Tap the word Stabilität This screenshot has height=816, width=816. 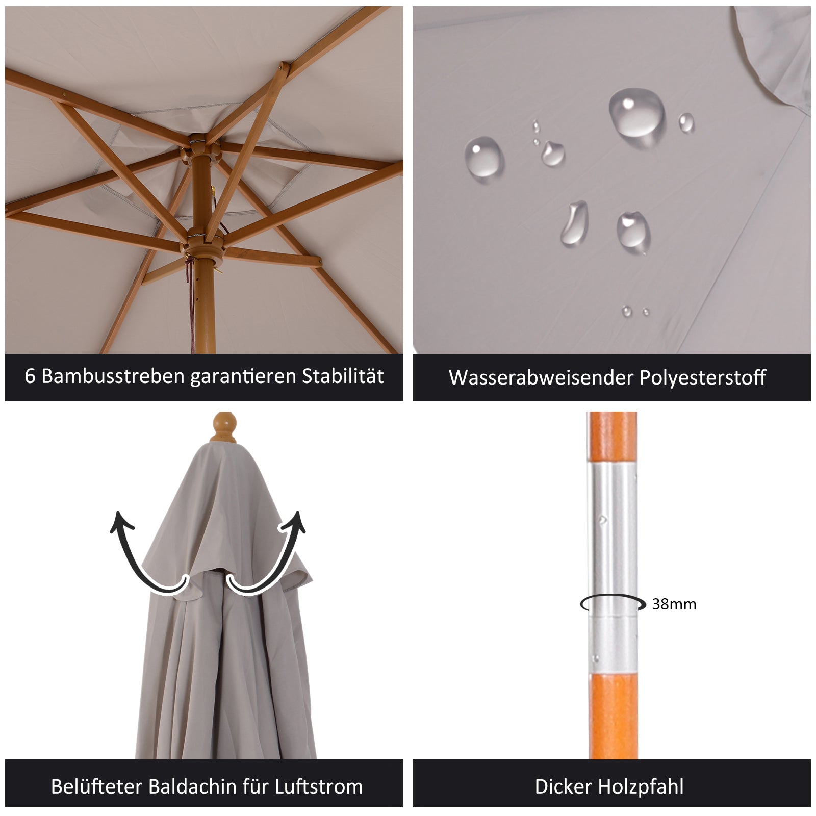pos(343,376)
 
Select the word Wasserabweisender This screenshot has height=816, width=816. pos(541,378)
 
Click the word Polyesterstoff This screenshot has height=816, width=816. pos(703,378)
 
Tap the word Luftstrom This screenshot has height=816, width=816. pos(319,786)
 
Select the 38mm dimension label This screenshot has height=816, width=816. pos(674,604)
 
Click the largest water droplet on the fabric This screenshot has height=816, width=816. pos(636,113)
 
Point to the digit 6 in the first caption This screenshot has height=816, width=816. pos(30,376)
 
